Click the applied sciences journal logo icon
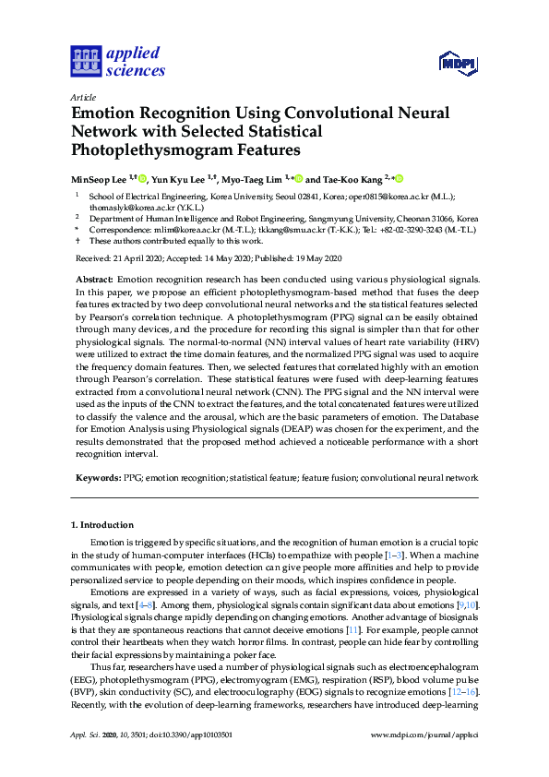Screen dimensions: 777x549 point(85,61)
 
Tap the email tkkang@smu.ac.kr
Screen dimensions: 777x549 point(280,229)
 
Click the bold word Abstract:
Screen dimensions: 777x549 point(96,279)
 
